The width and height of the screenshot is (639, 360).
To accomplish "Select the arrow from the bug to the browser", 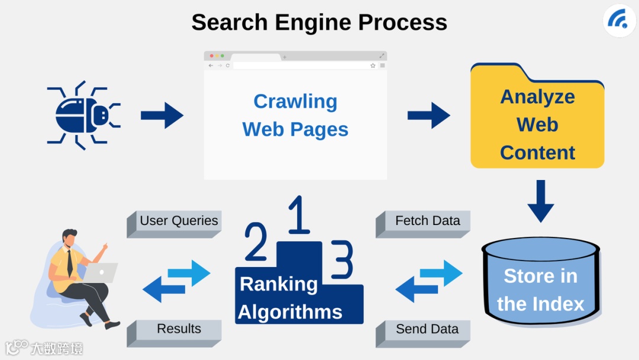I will tap(162, 115).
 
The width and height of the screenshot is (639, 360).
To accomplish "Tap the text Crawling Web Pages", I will tap(295, 115).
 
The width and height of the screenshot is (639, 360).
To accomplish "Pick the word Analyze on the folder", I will tap(537, 97).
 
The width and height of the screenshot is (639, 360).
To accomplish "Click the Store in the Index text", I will tap(540, 290).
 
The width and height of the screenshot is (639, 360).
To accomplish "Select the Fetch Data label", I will tap(427, 221).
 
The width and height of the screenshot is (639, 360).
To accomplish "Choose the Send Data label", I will tap(427, 329).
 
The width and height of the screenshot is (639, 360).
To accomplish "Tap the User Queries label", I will tap(179, 221).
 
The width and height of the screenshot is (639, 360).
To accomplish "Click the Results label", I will tap(179, 329).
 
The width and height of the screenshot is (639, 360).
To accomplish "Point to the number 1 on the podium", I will tap(299, 216).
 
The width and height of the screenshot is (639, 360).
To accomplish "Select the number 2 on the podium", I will tap(256, 242).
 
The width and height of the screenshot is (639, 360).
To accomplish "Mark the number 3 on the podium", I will tap(343, 259).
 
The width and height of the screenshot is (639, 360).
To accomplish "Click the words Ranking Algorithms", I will tap(290, 298).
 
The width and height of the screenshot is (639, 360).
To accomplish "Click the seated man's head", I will tap(70, 238).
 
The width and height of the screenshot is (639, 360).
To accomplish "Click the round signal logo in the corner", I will tap(619, 21).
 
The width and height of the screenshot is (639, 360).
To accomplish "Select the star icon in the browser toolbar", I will tap(373, 66).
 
